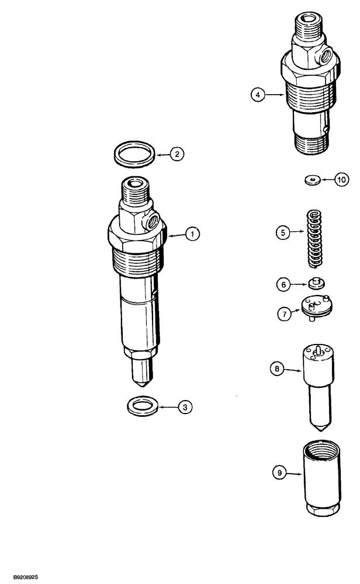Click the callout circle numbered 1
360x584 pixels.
(x=192, y=234)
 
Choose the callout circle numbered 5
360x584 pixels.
(x=283, y=232)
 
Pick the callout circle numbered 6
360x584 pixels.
(x=283, y=284)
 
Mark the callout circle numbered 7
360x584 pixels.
(x=283, y=313)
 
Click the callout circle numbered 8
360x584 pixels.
(x=277, y=369)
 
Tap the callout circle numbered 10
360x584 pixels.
(x=341, y=180)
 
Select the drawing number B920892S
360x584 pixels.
(x=20, y=576)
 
